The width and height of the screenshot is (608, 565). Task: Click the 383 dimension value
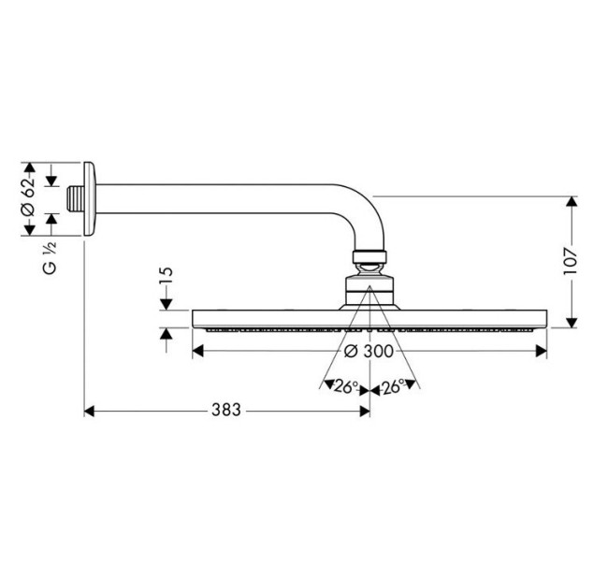coord(225,410)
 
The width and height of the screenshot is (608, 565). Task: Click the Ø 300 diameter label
coord(367,351)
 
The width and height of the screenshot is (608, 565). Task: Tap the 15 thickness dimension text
coord(166,277)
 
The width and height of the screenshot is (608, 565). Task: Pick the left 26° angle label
coord(346,384)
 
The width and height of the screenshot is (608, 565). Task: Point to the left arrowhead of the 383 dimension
coord(90,410)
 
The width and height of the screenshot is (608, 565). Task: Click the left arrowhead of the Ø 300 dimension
coord(197,351)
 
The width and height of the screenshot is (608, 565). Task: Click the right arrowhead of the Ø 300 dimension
coord(542,351)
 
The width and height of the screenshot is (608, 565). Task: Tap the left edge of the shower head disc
coord(195,319)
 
